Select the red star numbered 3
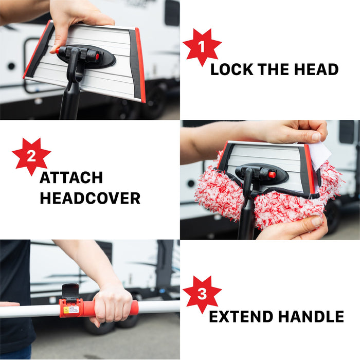tap(202, 294)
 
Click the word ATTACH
tap(71, 178)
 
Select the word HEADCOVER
tap(90, 198)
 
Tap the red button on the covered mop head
tap(272, 175)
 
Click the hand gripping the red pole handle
tap(111, 304)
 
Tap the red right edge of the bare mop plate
tap(140, 64)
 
